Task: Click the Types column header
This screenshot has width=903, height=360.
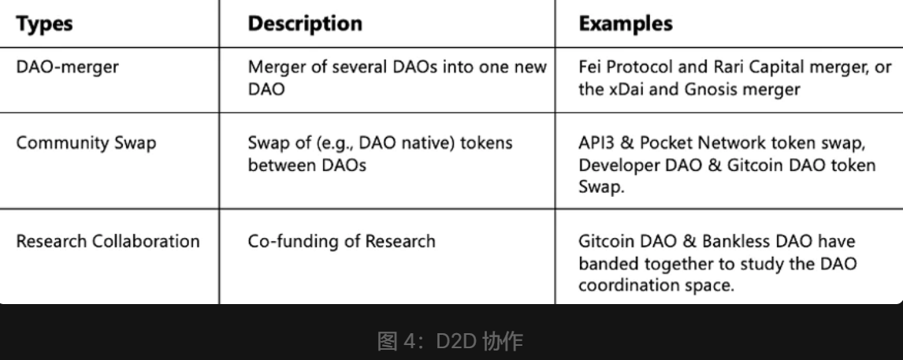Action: [x=44, y=24]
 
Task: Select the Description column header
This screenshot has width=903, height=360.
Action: [x=305, y=23]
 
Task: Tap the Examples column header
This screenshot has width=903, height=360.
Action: [x=626, y=23]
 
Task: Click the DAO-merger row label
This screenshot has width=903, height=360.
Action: [x=68, y=67]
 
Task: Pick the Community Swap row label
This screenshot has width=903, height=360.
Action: [x=87, y=143]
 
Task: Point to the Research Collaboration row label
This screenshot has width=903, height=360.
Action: [x=108, y=241]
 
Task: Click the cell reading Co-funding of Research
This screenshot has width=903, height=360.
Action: [x=341, y=241]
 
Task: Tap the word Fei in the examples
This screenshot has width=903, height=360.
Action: [x=590, y=67]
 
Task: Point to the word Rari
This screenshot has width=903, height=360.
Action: [x=729, y=67]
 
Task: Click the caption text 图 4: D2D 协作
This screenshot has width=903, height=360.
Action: [x=451, y=341]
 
